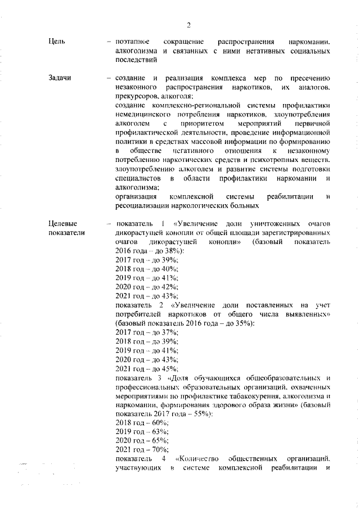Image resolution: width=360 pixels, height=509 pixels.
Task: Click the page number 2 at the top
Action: [189, 25]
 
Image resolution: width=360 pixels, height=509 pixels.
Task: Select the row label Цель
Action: [57, 42]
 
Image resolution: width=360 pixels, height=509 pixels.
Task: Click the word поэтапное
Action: [132, 42]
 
